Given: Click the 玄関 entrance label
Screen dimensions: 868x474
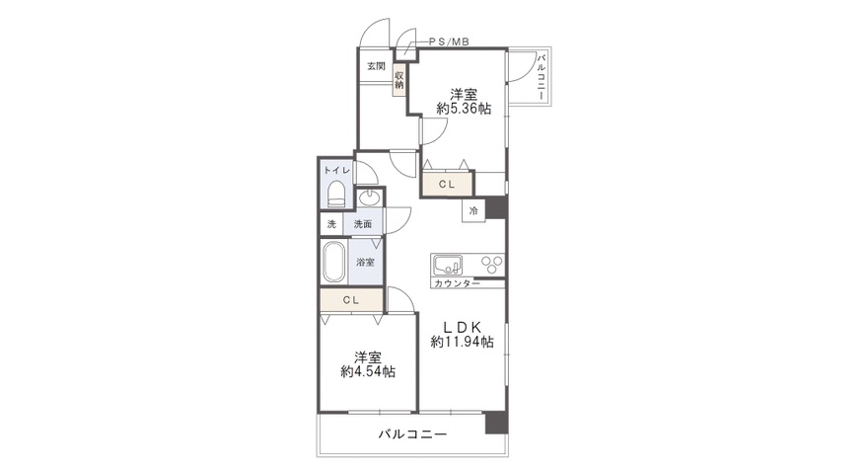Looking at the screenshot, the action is point(376,66).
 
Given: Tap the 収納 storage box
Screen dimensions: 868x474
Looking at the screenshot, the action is point(399,80).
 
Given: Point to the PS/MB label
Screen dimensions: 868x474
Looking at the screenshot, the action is point(449,41).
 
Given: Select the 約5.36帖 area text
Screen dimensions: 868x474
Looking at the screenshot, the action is point(464,109).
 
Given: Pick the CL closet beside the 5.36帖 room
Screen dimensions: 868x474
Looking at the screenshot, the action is point(447,184).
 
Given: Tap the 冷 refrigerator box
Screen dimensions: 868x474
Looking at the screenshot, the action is point(473,210).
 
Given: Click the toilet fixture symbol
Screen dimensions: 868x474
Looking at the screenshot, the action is point(336,195).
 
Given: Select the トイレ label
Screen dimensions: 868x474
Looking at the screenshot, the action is point(337,170).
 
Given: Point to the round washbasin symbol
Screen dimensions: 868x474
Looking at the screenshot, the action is point(368,197).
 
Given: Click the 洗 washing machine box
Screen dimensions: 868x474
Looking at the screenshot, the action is point(331,224).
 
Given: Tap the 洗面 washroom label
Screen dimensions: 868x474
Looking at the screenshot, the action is point(363,224).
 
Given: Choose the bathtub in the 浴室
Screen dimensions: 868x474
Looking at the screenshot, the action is point(333,262).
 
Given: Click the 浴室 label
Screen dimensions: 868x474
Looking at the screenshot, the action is point(365,262).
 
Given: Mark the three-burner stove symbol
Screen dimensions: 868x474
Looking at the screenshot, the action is point(491,264).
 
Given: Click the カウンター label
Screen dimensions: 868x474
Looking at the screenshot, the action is point(457,283).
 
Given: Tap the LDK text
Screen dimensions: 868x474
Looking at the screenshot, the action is point(463,327).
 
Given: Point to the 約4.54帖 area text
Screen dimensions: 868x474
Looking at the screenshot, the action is point(368,371).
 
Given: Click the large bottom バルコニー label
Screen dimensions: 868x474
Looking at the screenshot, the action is point(412,434).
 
